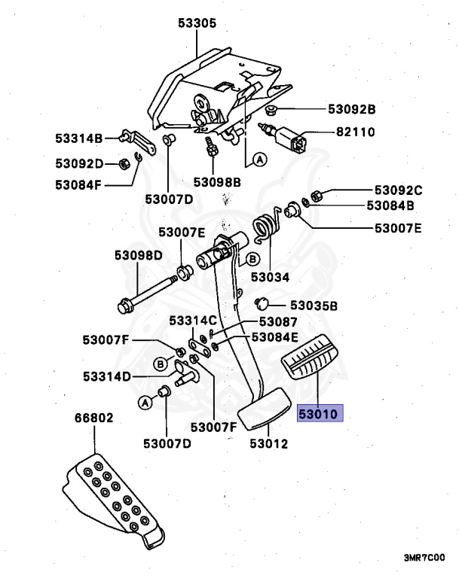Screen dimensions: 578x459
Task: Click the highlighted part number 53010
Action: pos(320,413)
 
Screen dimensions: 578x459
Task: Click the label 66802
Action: pos(93,418)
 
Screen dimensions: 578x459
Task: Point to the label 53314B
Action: pos(78,138)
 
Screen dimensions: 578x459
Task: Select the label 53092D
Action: pos(78,162)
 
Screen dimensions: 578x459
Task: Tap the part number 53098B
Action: pos(216,181)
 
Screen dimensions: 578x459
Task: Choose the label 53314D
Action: pos(107,376)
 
